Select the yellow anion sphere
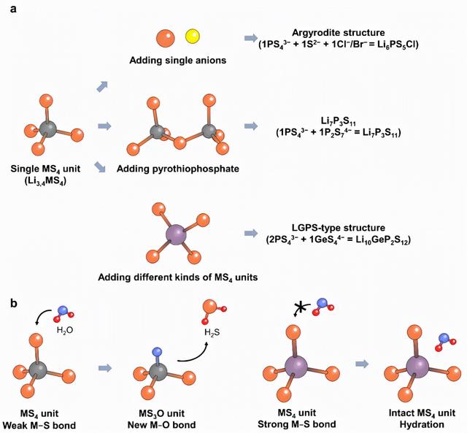pos(192,36)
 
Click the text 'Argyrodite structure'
pos(343,34)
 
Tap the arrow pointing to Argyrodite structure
pos(250,38)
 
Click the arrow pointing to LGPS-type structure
pos(250,235)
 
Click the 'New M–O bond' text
pos(162,426)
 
